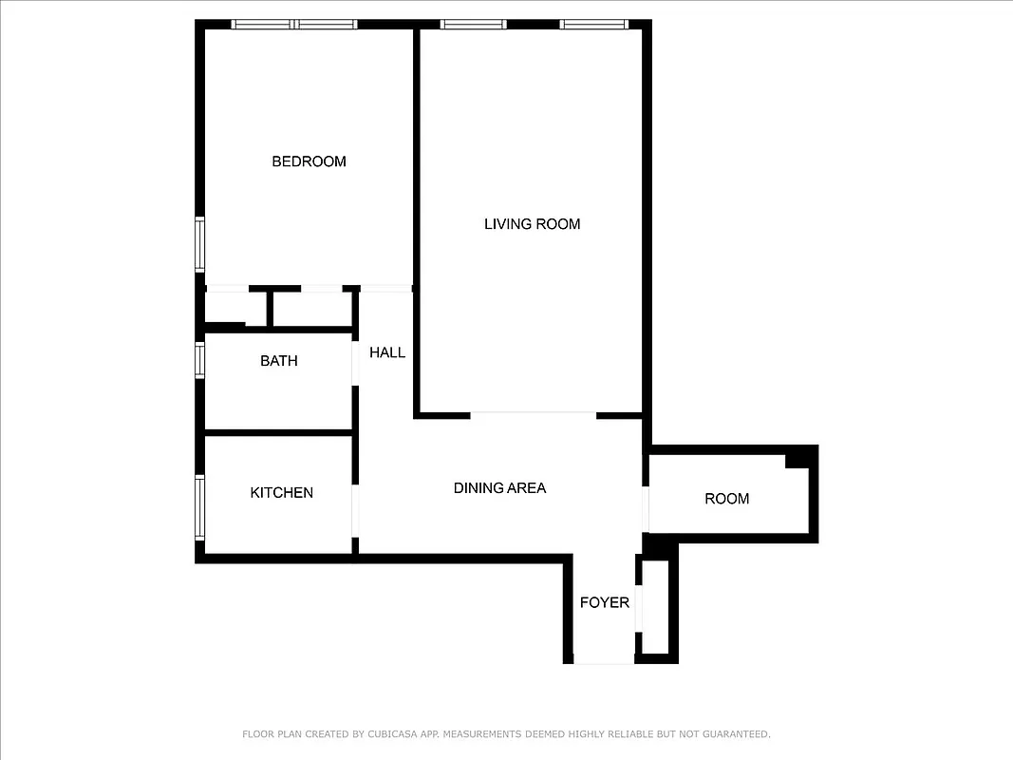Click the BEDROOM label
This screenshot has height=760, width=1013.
[309, 161]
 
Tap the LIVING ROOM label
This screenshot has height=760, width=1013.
[532, 224]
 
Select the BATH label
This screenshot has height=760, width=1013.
[278, 361]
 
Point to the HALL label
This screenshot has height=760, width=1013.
[387, 352]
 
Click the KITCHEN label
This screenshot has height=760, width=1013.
[281, 492]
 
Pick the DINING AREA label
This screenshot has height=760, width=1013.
[499, 488]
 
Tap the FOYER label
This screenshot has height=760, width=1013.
[604, 602]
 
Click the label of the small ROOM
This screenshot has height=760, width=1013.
[726, 499]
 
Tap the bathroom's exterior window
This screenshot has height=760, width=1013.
[200, 360]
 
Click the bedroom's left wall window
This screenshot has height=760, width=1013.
[200, 244]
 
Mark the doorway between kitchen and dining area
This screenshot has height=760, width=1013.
[355, 512]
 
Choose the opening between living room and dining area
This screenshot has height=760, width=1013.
[533, 414]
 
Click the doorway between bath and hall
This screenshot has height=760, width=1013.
[355, 361]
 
